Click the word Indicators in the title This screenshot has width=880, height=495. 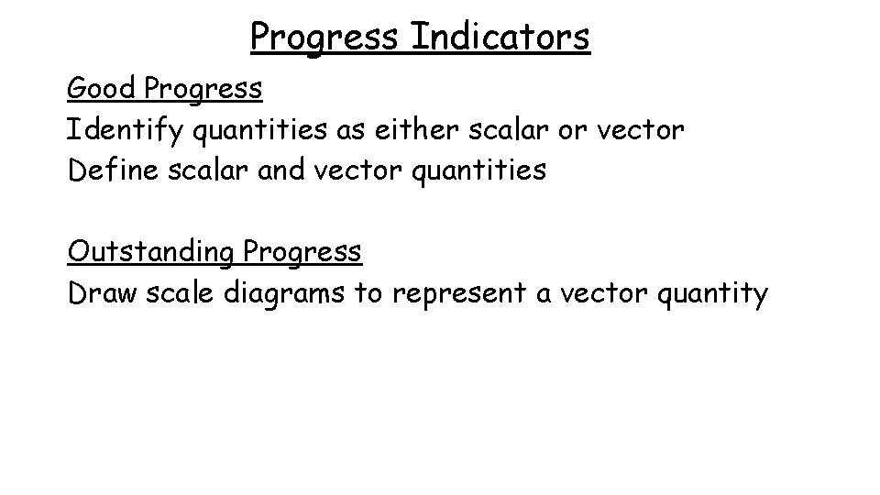(x=500, y=37)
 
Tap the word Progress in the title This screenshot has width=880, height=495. (x=325, y=37)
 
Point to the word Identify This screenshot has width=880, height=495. (x=124, y=130)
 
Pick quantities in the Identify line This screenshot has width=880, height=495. (x=255, y=130)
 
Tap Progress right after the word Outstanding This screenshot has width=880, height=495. (x=302, y=251)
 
